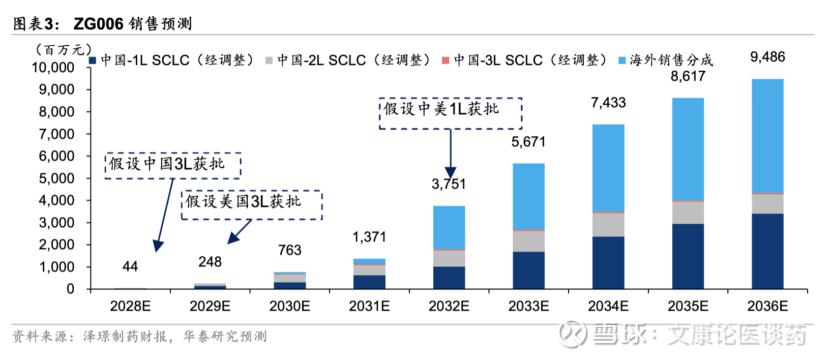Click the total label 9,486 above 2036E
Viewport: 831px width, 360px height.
pyautogui.click(x=767, y=57)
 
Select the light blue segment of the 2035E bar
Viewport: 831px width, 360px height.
pyautogui.click(x=688, y=148)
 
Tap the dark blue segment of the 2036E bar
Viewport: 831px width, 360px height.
pyautogui.click(x=767, y=251)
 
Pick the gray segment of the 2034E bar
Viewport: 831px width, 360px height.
pyautogui.click(x=608, y=224)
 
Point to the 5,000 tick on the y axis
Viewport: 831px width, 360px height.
pyautogui.click(x=56, y=178)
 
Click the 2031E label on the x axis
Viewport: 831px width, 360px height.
pyautogui.click(x=369, y=306)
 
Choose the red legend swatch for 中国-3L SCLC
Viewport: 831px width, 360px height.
pyautogui.click(x=446, y=61)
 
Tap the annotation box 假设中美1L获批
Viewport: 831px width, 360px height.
pyautogui.click(x=451, y=113)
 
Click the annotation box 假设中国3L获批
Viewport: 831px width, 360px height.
pyautogui.click(x=173, y=165)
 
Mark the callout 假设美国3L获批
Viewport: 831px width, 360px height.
pyautogui.click(x=252, y=205)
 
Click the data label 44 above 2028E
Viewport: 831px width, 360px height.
pyautogui.click(x=130, y=266)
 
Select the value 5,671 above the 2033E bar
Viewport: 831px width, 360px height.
pyautogui.click(x=528, y=142)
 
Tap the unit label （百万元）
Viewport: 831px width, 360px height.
pyautogui.click(x=63, y=50)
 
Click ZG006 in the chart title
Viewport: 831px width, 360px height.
pyautogui.click(x=99, y=24)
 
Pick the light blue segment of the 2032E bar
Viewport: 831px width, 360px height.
pyautogui.click(x=449, y=227)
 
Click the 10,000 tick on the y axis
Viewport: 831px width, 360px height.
pyautogui.click(x=53, y=68)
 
